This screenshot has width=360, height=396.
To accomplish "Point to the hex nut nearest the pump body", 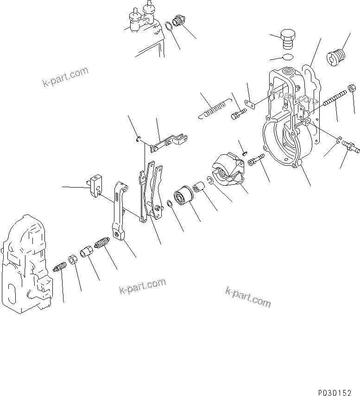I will [x=73, y=259].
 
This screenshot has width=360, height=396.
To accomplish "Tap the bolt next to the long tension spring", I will [x=236, y=113].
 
